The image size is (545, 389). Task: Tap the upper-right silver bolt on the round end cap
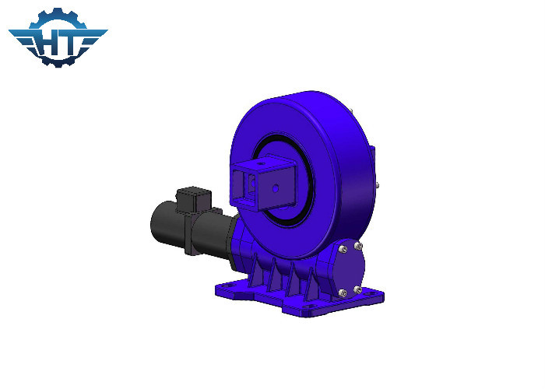click(359, 247)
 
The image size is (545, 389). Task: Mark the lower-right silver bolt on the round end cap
click(358, 289)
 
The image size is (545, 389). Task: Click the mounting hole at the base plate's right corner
click(375, 296)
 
